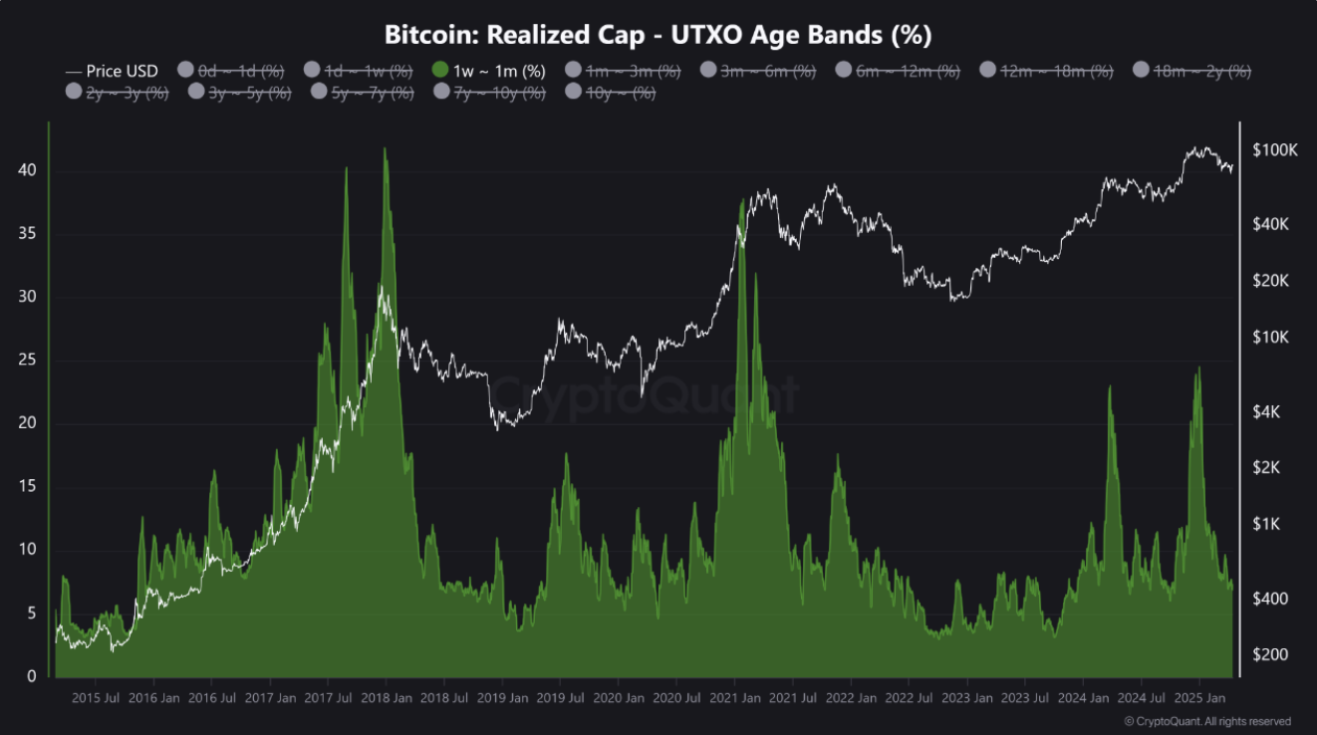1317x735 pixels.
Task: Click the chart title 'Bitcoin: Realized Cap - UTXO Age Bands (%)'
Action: tap(658, 34)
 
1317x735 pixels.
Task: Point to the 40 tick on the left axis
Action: tap(27, 171)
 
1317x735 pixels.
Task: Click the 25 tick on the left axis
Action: tap(27, 361)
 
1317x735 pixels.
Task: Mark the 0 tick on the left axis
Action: tap(32, 676)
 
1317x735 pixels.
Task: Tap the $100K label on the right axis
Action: tap(1275, 150)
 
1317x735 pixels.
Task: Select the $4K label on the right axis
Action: tap(1269, 411)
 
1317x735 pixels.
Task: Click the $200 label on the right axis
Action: tap(1270, 654)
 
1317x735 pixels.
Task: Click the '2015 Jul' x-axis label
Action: tap(98, 698)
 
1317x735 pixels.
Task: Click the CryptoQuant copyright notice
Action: tap(1206, 721)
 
